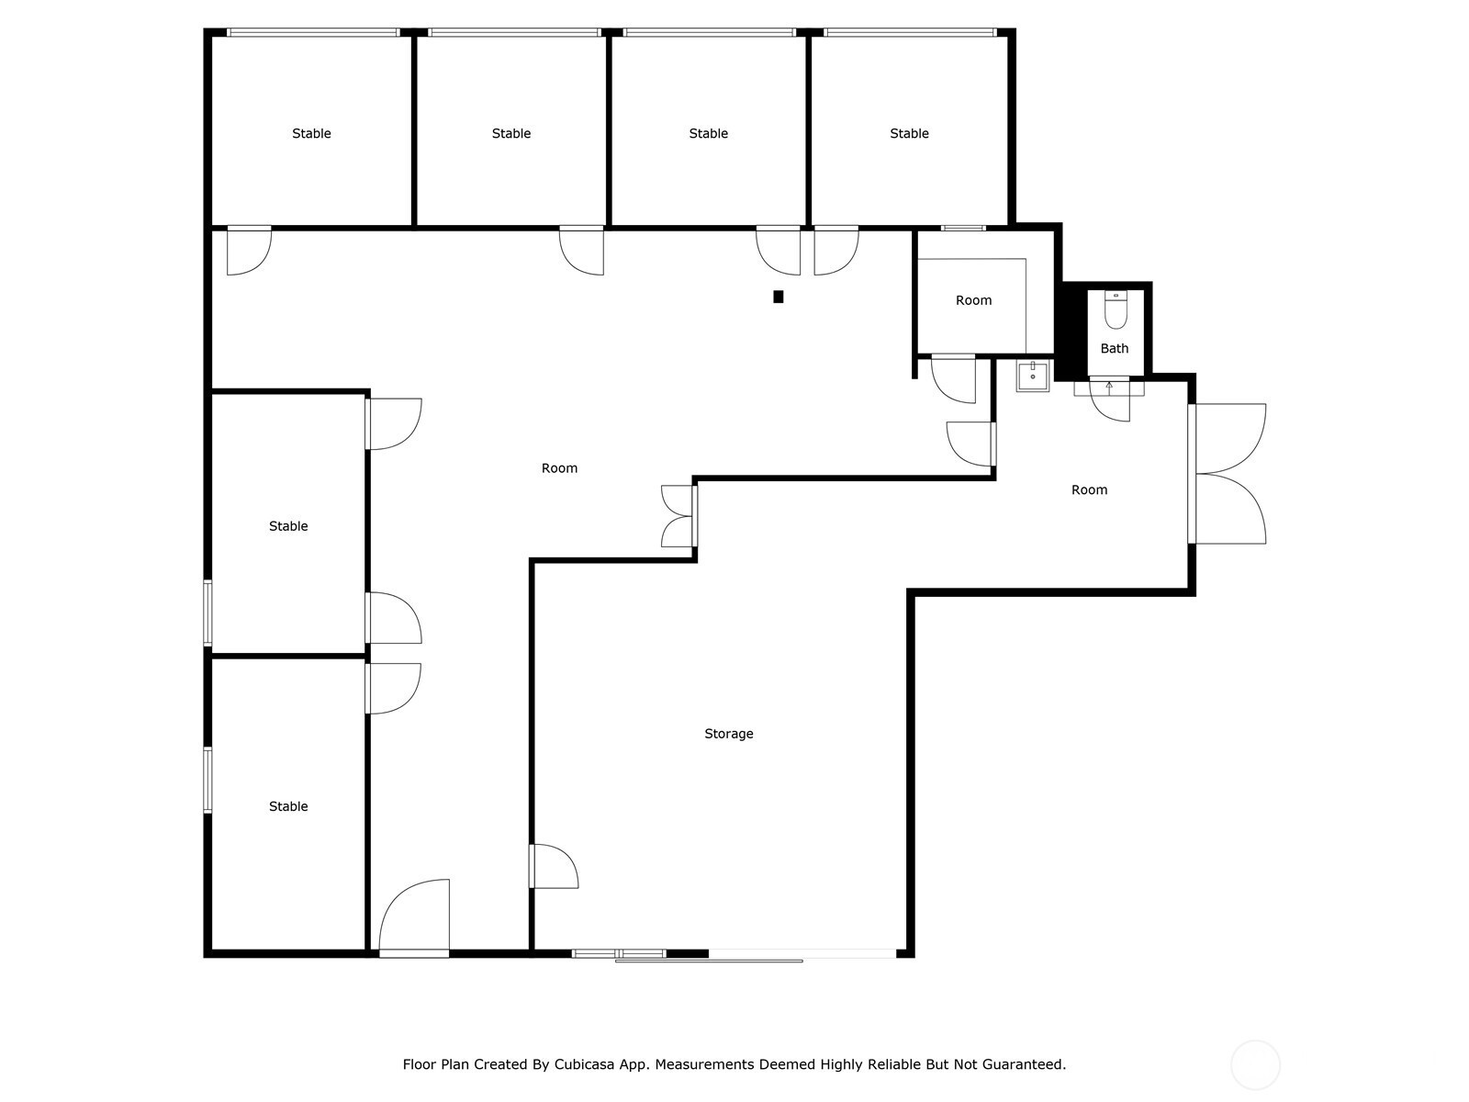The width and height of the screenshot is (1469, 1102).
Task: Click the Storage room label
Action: coord(728,734)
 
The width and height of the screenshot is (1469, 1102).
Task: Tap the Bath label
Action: coord(1115,348)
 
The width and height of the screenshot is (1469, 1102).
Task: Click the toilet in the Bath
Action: coord(1116,309)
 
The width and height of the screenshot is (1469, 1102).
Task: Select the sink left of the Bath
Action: coord(1033,376)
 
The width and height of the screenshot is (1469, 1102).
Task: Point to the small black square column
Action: coord(778,297)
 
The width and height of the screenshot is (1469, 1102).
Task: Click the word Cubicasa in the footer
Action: coord(584,1063)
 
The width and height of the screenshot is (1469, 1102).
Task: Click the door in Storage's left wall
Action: coord(554,866)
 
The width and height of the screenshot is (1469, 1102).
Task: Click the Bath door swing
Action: coord(1110,401)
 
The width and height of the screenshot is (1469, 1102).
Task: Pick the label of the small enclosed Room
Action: coord(973,300)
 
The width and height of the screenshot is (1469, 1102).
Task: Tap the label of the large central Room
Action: coord(559,468)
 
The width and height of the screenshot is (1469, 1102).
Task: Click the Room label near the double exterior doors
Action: coord(1089,489)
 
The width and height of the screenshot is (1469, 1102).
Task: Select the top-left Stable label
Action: coord(311,133)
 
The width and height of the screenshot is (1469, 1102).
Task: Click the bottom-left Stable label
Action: coord(288,806)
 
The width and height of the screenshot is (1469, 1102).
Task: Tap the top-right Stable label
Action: coord(909,133)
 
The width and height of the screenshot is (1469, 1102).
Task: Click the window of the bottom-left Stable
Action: coord(207,780)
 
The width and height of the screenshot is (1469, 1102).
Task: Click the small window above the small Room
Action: coord(963,228)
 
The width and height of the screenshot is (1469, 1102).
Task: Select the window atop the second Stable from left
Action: coord(514,32)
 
